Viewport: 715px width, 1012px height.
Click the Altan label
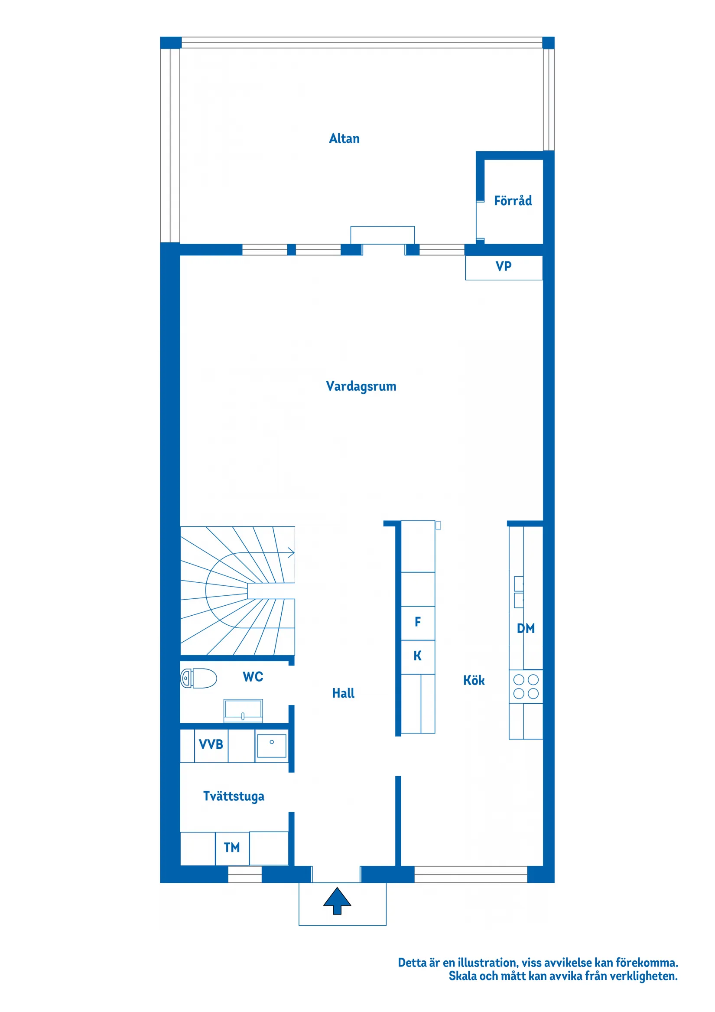(344, 138)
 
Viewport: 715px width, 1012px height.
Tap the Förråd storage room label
(512, 201)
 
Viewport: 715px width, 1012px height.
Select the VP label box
(504, 266)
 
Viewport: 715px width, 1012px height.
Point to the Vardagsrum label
(361, 386)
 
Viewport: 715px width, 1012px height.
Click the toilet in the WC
(199, 678)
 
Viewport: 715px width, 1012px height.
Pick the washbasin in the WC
(243, 710)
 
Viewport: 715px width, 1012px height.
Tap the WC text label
(253, 676)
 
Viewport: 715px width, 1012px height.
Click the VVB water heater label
(211, 744)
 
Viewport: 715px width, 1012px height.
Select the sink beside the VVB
(271, 745)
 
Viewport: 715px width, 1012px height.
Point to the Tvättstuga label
(234, 796)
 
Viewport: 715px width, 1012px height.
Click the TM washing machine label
(232, 847)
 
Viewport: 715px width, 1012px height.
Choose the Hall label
(343, 693)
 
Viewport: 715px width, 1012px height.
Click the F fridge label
(418, 622)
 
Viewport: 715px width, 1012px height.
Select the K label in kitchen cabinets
(418, 656)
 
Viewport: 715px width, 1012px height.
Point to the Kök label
(474, 681)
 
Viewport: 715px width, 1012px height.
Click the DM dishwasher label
(526, 629)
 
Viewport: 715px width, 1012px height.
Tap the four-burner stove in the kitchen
(526, 687)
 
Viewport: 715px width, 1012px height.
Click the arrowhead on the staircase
(291, 553)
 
